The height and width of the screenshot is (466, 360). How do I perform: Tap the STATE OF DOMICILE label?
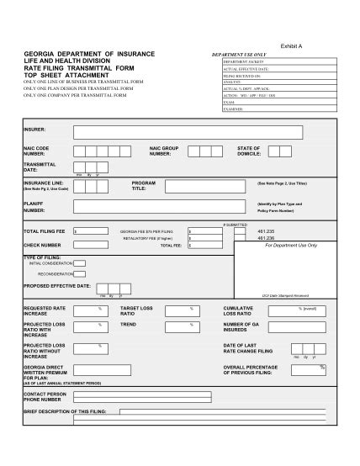(x=249, y=151)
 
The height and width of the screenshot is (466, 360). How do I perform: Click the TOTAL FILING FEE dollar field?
(x=92, y=230)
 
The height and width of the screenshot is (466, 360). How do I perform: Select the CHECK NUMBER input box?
(x=92, y=245)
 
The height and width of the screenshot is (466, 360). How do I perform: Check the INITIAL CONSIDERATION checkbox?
(x=79, y=263)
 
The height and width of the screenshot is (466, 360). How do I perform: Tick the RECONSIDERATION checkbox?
(x=79, y=273)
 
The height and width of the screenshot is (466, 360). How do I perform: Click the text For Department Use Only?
(x=291, y=245)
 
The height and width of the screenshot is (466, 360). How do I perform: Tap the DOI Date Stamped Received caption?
(x=285, y=295)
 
